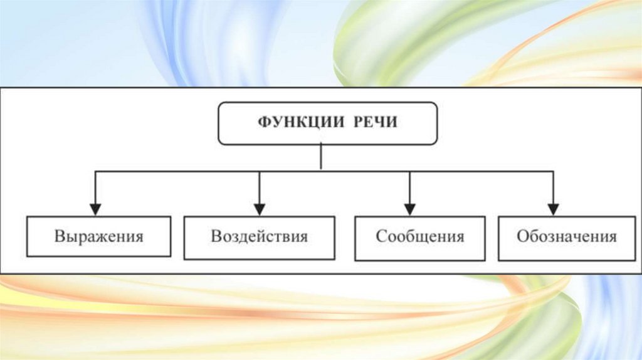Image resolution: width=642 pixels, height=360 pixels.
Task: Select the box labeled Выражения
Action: (x=99, y=237)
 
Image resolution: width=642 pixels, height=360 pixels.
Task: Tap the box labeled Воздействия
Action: (x=259, y=237)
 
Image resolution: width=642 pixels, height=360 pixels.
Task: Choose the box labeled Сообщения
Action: (x=419, y=237)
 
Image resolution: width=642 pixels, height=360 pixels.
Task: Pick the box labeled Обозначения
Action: (x=567, y=237)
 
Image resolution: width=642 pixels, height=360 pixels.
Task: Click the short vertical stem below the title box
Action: (x=321, y=156)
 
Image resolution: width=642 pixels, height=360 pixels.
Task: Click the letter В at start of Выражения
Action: (x=59, y=237)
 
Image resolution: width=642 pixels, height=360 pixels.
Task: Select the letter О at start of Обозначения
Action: (x=522, y=237)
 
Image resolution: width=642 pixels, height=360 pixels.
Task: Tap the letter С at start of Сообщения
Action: (x=380, y=237)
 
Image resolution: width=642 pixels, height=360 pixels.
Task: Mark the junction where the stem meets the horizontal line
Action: (x=321, y=170)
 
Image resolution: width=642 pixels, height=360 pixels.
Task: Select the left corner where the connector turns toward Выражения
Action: (x=95, y=170)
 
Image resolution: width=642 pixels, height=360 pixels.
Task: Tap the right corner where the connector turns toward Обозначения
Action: (x=553, y=170)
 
